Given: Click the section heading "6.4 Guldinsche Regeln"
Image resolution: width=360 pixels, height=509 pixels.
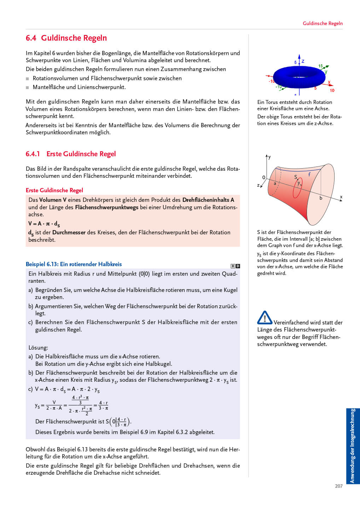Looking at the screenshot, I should click(66, 38).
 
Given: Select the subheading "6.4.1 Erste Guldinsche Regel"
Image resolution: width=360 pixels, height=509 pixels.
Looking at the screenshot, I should click(70, 154).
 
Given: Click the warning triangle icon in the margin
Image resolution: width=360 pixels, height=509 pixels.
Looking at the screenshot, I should click(265, 317).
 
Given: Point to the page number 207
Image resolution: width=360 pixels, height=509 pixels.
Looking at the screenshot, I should click(338, 486).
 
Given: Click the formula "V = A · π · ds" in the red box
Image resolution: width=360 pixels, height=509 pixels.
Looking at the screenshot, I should click(44, 224).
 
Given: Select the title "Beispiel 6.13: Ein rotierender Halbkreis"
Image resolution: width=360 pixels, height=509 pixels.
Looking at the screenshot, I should click(74, 264).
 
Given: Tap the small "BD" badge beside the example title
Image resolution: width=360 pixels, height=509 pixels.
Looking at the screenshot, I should click(235, 266).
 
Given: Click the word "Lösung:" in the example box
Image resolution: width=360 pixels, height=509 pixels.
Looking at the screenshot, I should click(38, 347).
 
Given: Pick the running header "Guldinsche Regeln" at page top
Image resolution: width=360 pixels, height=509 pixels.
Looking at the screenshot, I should click(323, 23).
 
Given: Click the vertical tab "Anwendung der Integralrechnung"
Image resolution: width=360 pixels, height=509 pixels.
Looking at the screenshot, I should click(353, 446).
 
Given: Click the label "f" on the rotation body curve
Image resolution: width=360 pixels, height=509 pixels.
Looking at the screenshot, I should click(309, 174).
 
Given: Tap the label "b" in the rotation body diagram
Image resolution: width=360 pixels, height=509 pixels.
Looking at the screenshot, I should click(321, 198).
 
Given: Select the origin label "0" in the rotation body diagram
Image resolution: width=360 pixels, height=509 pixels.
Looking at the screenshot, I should click(263, 177).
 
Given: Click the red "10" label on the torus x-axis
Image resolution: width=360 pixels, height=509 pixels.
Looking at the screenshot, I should click(332, 90).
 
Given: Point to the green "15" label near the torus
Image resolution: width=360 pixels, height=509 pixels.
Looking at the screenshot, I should click(320, 66).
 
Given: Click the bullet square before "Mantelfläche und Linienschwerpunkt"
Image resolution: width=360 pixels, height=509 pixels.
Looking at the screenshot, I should click(28, 87).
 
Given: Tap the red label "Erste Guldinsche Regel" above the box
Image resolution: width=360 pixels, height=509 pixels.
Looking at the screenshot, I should click(54, 190).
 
